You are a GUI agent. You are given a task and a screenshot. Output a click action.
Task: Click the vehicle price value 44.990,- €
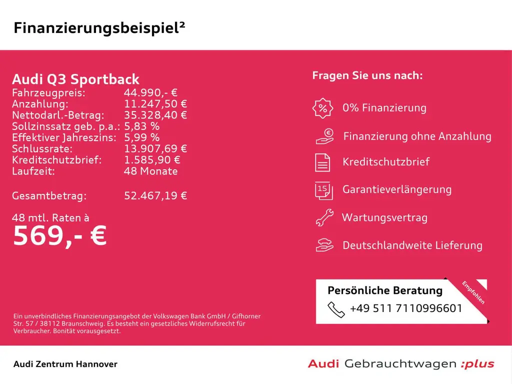(150, 93)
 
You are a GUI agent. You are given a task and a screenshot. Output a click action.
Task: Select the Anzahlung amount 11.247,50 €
(155, 104)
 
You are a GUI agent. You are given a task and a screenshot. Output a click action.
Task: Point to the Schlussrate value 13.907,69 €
(155, 148)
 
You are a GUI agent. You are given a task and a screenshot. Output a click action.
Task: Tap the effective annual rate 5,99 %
(142, 137)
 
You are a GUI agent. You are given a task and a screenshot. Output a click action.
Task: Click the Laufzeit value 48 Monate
(150, 171)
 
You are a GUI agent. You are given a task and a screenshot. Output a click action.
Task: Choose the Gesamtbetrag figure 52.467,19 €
(155, 195)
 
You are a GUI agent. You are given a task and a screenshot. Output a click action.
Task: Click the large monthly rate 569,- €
(59, 235)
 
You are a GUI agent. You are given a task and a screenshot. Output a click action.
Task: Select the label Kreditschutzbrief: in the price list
(57, 160)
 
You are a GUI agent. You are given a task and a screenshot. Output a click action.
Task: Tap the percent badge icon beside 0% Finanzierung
(322, 108)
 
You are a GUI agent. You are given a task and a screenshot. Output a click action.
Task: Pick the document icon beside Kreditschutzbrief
(322, 162)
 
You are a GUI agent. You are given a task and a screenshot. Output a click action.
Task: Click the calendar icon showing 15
(322, 190)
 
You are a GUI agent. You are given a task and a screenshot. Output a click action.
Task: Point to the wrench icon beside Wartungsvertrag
(324, 217)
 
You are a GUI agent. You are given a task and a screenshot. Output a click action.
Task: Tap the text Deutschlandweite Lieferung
(412, 245)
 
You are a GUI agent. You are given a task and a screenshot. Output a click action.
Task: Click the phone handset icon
(336, 309)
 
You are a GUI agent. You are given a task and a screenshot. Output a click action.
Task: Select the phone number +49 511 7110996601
(406, 308)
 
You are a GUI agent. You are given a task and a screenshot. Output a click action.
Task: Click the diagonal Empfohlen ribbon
(473, 292)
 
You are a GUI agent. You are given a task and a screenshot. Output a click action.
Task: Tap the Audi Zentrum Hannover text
(65, 364)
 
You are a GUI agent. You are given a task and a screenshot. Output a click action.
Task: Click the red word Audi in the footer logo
(323, 364)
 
